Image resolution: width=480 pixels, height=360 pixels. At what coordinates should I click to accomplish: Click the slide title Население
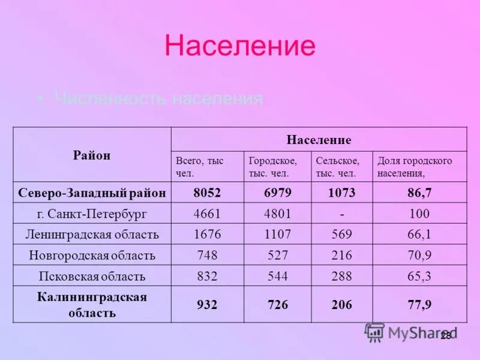click(239, 46)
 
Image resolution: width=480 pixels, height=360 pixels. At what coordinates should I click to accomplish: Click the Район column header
click(92, 155)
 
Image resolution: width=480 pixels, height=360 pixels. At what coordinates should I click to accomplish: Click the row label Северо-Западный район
click(92, 193)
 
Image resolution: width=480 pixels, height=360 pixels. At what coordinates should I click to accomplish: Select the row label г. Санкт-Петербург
click(92, 214)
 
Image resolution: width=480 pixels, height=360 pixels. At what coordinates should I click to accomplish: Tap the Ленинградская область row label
click(92, 234)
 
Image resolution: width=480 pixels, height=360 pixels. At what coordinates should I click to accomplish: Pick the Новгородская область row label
click(92, 255)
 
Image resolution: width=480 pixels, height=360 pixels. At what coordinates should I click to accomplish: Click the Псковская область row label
click(92, 276)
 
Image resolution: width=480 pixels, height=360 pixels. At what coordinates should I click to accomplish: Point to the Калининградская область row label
click(92, 305)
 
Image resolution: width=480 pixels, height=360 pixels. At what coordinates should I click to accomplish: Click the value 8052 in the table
click(207, 193)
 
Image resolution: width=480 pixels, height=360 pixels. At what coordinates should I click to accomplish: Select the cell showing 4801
click(276, 214)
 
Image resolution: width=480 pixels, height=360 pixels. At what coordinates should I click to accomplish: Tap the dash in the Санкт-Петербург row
click(341, 214)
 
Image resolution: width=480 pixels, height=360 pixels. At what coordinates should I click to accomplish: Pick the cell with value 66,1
click(419, 234)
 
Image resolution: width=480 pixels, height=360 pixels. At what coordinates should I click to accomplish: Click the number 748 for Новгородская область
click(207, 255)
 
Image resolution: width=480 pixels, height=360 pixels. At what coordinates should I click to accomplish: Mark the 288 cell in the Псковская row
click(341, 276)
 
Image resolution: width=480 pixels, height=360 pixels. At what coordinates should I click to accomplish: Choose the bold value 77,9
click(419, 305)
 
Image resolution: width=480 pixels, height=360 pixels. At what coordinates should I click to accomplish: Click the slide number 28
click(445, 336)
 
